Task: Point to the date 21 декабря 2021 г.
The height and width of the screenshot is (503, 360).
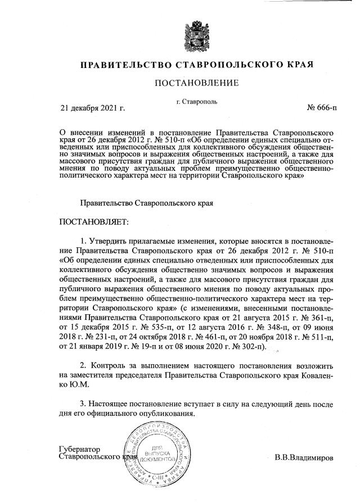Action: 92,107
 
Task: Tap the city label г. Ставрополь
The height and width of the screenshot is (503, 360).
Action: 196,102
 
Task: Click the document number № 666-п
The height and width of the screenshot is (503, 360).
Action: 322,107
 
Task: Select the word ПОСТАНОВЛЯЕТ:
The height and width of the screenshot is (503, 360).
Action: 94,223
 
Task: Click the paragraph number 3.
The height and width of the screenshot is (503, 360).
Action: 83,404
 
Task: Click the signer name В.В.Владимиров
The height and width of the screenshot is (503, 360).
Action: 304,457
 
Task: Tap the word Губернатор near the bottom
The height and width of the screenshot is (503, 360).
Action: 79,450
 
